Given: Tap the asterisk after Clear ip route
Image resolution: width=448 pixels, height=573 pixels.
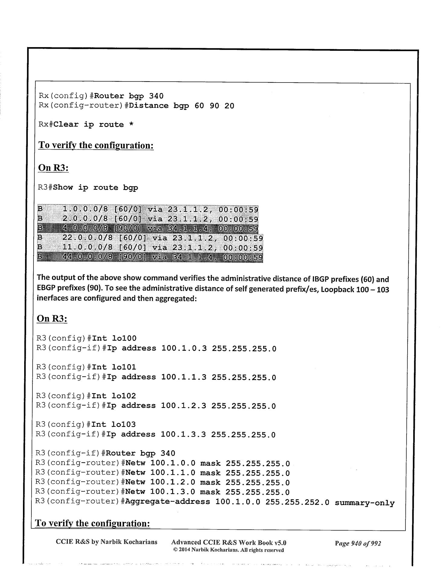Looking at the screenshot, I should [131, 125].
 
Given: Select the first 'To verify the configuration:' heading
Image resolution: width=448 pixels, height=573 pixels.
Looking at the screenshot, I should [96, 145].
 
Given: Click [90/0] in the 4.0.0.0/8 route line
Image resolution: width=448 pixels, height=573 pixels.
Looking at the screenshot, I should [128, 229].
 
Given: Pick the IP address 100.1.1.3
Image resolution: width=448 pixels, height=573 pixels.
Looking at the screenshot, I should [184, 377].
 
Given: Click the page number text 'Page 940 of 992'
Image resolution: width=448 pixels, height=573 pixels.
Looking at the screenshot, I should [358, 543].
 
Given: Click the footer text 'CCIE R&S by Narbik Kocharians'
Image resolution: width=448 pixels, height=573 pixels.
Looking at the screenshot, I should [107, 542].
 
